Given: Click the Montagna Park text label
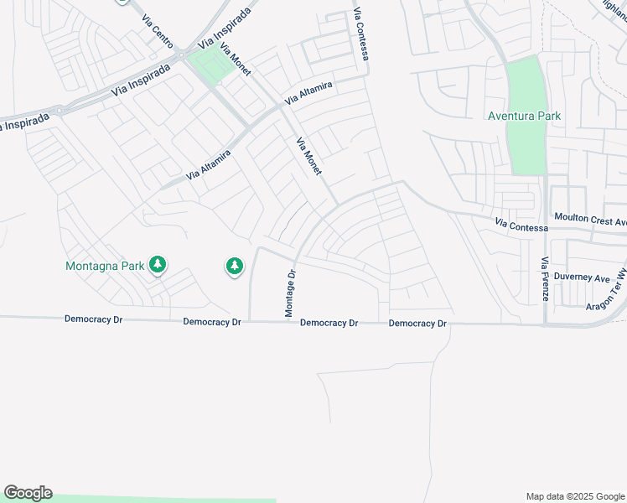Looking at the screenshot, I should (105, 267).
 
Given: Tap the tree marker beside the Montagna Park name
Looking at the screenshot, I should (157, 266).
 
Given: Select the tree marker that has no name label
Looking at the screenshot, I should (235, 267).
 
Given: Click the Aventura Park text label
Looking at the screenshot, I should (525, 116).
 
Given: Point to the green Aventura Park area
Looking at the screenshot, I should (526, 143).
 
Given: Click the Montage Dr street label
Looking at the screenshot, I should (290, 293).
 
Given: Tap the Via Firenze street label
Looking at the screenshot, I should (544, 279).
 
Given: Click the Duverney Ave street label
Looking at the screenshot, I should (586, 277).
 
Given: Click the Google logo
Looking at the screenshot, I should (28, 492).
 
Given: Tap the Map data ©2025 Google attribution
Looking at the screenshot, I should (575, 496).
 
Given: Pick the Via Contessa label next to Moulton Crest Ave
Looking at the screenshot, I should (521, 226).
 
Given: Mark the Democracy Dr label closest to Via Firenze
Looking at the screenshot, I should (418, 323).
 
